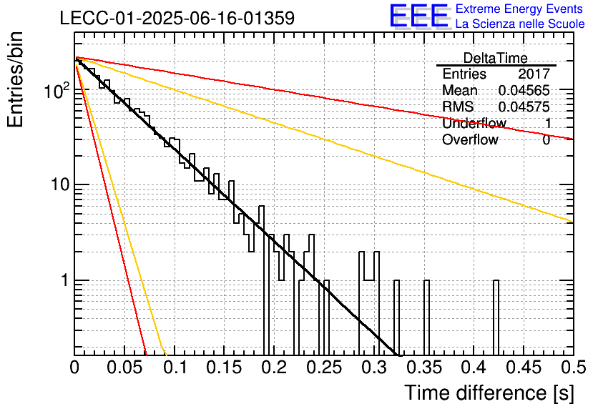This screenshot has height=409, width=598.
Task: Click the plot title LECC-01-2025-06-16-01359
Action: [177, 18]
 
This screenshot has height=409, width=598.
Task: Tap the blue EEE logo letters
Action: [419, 16]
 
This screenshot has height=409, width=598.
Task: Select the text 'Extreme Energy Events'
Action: [519, 9]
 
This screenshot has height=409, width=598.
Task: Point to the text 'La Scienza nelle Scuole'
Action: [520, 24]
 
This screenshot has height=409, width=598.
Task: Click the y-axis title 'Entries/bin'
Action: [15, 79]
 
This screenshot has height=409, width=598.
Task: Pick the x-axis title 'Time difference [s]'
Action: [489, 393]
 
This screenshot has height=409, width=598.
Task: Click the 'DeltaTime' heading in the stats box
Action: [496, 58]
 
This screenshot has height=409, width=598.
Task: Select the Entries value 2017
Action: [534, 74]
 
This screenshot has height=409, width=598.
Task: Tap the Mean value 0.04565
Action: [524, 90]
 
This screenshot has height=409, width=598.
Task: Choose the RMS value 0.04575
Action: [524, 107]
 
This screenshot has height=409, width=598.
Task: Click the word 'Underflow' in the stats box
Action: [474, 123]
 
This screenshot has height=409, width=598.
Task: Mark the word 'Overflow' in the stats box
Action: [470, 139]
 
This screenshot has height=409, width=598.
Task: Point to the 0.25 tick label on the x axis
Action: [324, 368]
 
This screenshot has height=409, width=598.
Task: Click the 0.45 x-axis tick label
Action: [524, 368]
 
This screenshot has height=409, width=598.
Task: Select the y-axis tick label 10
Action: [60, 184]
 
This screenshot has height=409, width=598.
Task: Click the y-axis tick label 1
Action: [64, 280]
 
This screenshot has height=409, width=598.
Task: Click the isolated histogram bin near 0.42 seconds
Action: [496, 317]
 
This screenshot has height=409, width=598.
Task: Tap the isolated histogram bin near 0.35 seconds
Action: [426, 317]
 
